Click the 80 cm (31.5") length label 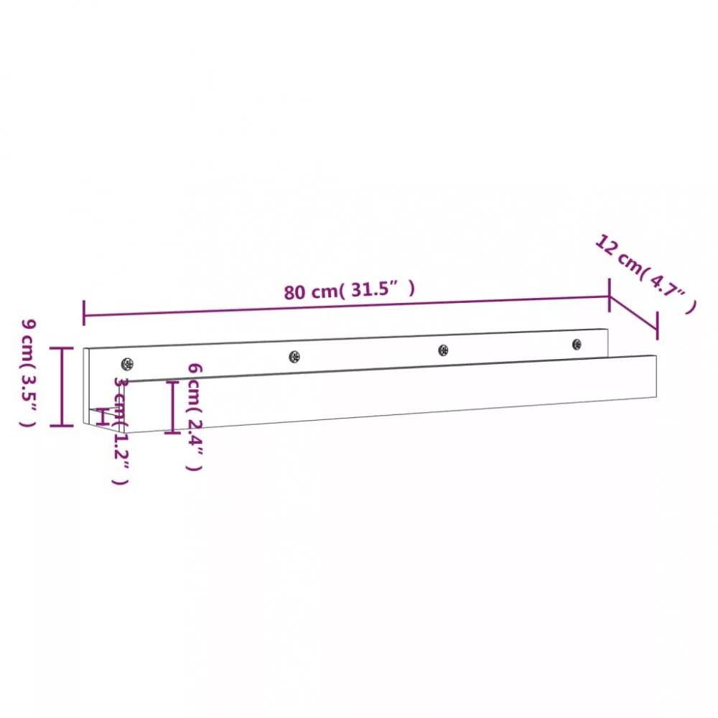click(350, 290)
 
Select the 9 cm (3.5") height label click(29, 373)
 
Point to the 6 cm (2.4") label click(194, 416)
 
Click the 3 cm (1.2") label click(121, 430)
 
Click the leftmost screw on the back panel click(127, 365)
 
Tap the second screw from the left click(294, 356)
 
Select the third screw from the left click(443, 350)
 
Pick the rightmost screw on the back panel click(577, 345)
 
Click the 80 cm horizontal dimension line click(347, 306)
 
